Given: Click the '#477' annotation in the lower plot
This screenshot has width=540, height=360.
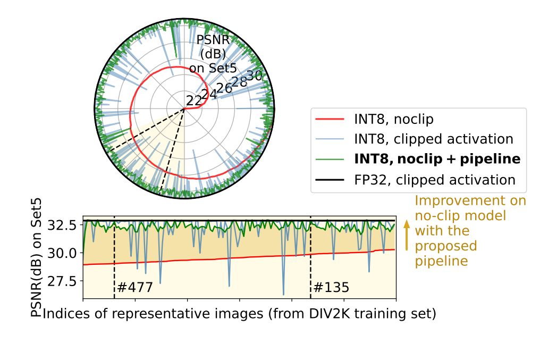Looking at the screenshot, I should pos(135,288).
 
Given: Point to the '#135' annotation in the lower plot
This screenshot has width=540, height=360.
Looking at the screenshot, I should pos(331,288).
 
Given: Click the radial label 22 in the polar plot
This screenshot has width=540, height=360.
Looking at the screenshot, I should pos(194,100).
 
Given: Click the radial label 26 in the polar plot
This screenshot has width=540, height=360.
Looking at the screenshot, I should pos(224,88).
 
